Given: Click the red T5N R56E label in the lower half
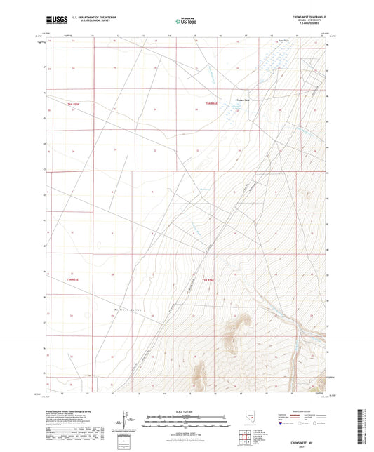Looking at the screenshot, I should [209, 281].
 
